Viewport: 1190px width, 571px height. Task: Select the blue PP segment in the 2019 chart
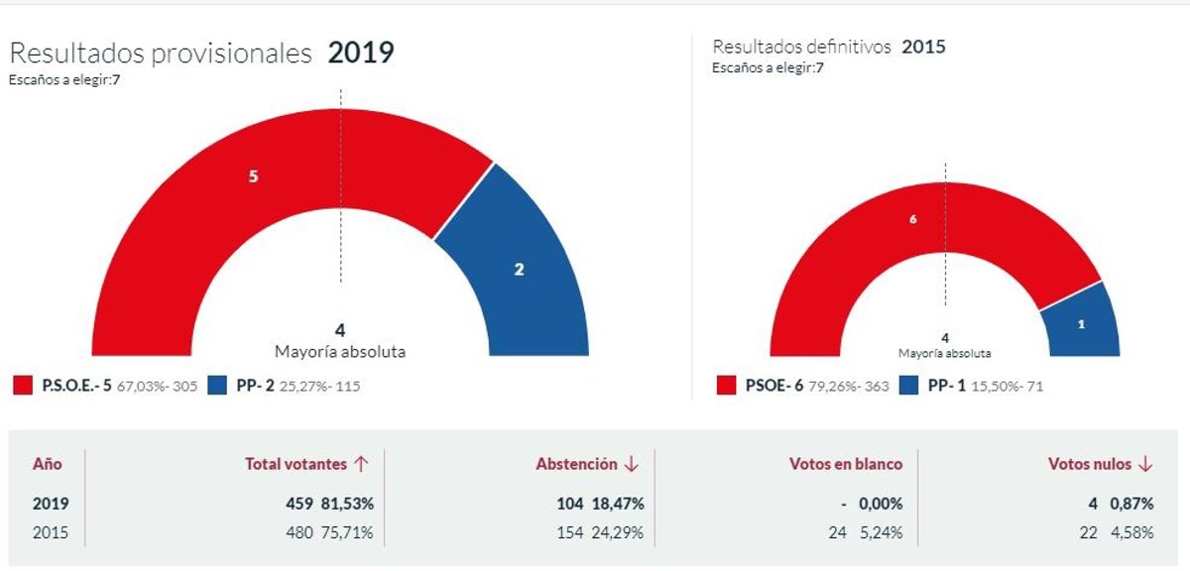click(x=518, y=268)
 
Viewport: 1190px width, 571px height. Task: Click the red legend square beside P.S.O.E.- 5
click(x=22, y=386)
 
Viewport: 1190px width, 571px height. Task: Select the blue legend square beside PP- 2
click(x=217, y=386)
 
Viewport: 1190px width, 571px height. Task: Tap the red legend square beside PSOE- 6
click(x=726, y=386)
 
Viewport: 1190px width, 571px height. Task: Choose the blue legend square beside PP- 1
click(x=908, y=386)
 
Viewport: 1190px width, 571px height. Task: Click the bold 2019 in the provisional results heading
click(x=361, y=53)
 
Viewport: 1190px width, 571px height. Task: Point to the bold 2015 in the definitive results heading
click(x=923, y=47)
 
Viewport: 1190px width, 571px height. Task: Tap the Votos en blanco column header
click(x=845, y=464)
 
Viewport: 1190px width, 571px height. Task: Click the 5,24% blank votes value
click(x=882, y=533)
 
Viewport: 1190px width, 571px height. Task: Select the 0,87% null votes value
click(x=1131, y=504)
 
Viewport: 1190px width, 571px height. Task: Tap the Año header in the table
click(x=48, y=464)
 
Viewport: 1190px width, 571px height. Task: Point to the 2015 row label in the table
click(x=51, y=533)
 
